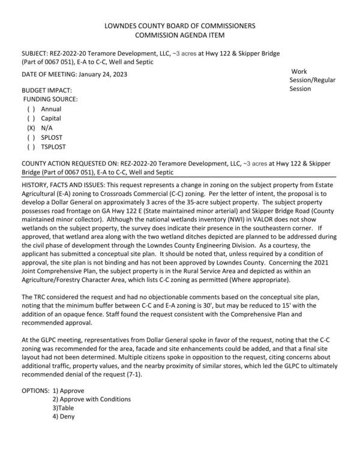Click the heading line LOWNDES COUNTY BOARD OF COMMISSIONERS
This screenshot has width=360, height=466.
pos(179,26)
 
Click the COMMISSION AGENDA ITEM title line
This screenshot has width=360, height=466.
pos(179,35)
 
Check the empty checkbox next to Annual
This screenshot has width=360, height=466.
pos(31,109)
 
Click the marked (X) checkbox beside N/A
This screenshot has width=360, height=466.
pos(31,128)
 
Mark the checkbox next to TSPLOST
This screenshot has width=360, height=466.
pos(31,146)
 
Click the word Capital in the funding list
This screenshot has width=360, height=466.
pos(51,119)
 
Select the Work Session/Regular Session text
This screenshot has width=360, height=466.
pos(312,80)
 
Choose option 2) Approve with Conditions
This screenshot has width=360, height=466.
pos(91,399)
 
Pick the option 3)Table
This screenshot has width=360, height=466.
pos(67,408)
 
